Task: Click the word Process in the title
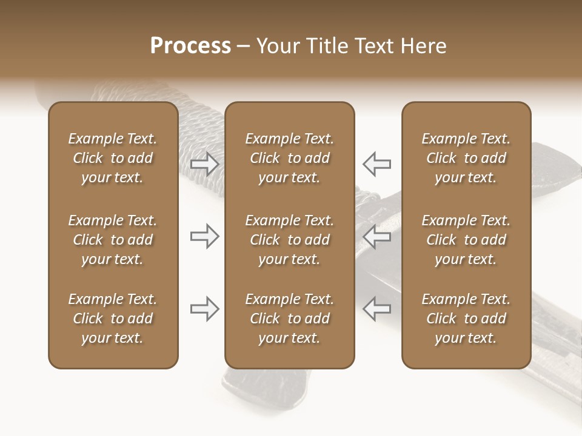[x=190, y=46]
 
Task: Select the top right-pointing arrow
[x=204, y=163]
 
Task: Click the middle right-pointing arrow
[x=204, y=237]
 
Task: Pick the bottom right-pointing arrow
[x=204, y=309]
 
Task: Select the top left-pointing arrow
[x=376, y=163]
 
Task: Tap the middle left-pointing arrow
[x=376, y=237]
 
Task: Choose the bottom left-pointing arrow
[x=376, y=309]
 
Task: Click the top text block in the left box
[x=113, y=158]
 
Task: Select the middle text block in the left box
[x=113, y=240]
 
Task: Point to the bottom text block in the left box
[x=113, y=319]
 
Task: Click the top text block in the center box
[x=289, y=158]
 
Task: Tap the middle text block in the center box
[x=289, y=240]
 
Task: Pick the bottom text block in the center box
[x=289, y=319]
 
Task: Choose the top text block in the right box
[x=466, y=158]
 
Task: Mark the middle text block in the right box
[x=466, y=240]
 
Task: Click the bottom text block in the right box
[x=466, y=319]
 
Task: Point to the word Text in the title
[x=372, y=46]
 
